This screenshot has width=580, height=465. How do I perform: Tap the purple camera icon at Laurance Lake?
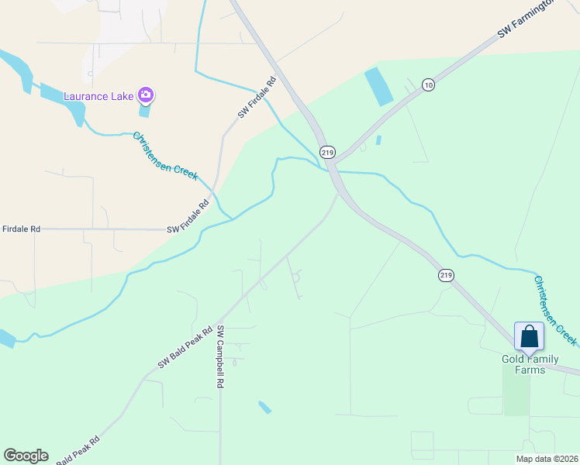(x=146, y=95)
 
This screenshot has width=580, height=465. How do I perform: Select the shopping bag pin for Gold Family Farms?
(x=529, y=337)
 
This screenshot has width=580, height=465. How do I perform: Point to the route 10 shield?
(x=428, y=84)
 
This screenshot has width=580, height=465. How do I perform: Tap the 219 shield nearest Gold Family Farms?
(x=445, y=275)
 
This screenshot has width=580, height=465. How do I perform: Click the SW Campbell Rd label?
(x=221, y=356)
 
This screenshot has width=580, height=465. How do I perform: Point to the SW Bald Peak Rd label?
(x=185, y=349)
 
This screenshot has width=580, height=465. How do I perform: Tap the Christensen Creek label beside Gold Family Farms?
(x=555, y=309)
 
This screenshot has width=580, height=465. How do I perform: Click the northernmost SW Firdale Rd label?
(x=257, y=97)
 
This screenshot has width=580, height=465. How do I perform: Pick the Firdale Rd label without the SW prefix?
(x=21, y=229)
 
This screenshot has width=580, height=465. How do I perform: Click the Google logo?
(x=26, y=456)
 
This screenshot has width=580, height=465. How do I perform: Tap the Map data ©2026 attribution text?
(x=547, y=458)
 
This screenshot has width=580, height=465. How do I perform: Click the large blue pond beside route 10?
(x=378, y=87)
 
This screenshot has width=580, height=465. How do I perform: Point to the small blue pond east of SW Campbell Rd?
(x=265, y=407)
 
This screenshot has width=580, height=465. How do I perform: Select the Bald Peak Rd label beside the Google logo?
(x=78, y=449)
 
